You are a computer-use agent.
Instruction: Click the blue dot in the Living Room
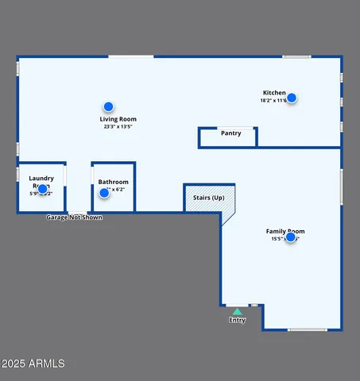click(x=108, y=106)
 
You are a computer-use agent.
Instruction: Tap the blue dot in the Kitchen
click(x=292, y=98)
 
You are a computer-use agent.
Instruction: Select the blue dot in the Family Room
click(x=291, y=237)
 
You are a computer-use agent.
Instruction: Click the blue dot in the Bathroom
click(x=104, y=193)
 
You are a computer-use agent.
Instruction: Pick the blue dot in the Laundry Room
click(x=42, y=189)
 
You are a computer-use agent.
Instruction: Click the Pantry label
click(x=230, y=133)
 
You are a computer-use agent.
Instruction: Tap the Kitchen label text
click(x=274, y=93)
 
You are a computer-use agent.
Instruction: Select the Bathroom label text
click(x=113, y=182)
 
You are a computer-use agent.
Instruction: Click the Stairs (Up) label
click(x=206, y=196)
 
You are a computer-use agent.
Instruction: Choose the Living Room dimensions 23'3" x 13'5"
click(x=117, y=126)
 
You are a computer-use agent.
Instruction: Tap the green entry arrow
click(x=237, y=311)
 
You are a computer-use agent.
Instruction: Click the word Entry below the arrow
click(x=238, y=320)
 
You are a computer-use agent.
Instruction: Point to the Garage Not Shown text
click(x=74, y=217)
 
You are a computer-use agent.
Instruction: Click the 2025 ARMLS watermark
click(x=34, y=364)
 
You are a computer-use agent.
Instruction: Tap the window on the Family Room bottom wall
click(x=307, y=329)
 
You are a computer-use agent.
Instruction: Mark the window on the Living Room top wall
click(x=131, y=56)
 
